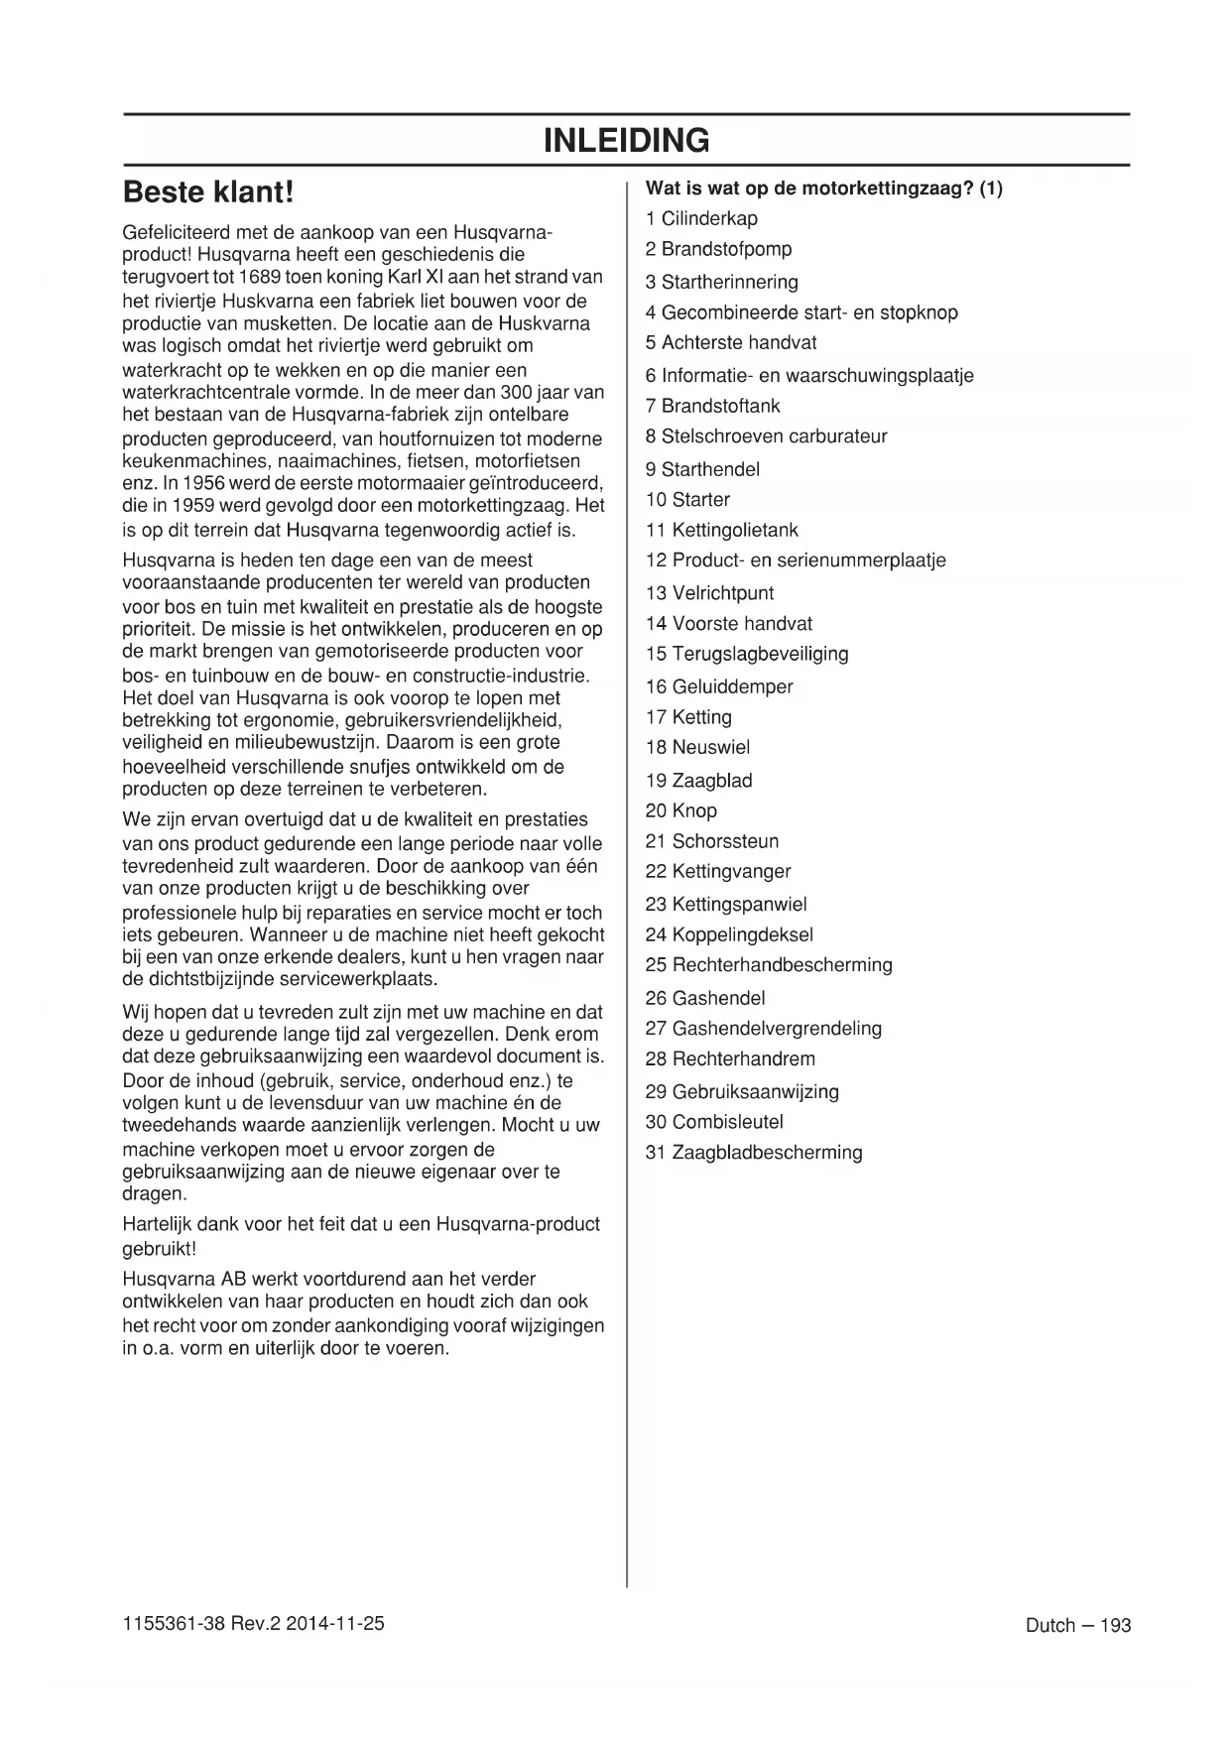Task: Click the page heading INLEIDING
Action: pos(626,141)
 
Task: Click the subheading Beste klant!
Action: pos(208,190)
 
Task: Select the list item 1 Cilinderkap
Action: pos(701,218)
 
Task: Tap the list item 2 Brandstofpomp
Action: pos(718,249)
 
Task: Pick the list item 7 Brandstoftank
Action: pos(712,406)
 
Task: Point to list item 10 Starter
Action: pos(687,499)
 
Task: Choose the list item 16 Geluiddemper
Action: pos(719,686)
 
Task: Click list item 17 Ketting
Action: pos(688,716)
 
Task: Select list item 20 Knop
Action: pos(680,810)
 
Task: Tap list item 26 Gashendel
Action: pos(705,998)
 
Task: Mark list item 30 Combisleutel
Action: pos(714,1122)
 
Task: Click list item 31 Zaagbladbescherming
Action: pos(754,1153)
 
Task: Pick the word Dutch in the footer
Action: pos(1050,1625)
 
